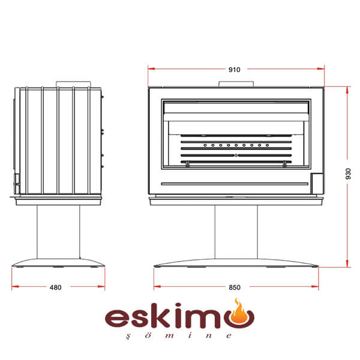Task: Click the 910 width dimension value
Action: point(234,70)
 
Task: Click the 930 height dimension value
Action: point(348,174)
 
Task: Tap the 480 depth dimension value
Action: point(56,287)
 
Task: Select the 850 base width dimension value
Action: point(235,287)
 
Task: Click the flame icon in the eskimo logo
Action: point(240,311)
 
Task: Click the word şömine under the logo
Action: point(179,335)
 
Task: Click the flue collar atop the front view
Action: point(236,84)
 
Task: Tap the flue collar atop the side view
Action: point(73,84)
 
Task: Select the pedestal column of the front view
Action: point(236,232)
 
